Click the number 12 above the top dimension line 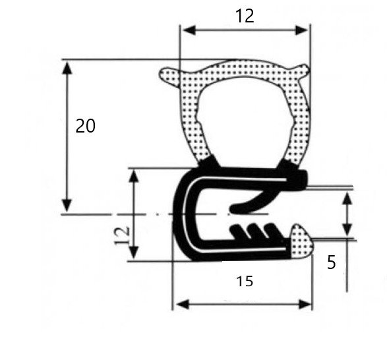245,16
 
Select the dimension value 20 85,125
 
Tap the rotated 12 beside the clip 122,233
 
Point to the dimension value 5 331,262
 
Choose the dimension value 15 244,282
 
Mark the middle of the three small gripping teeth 253,230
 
